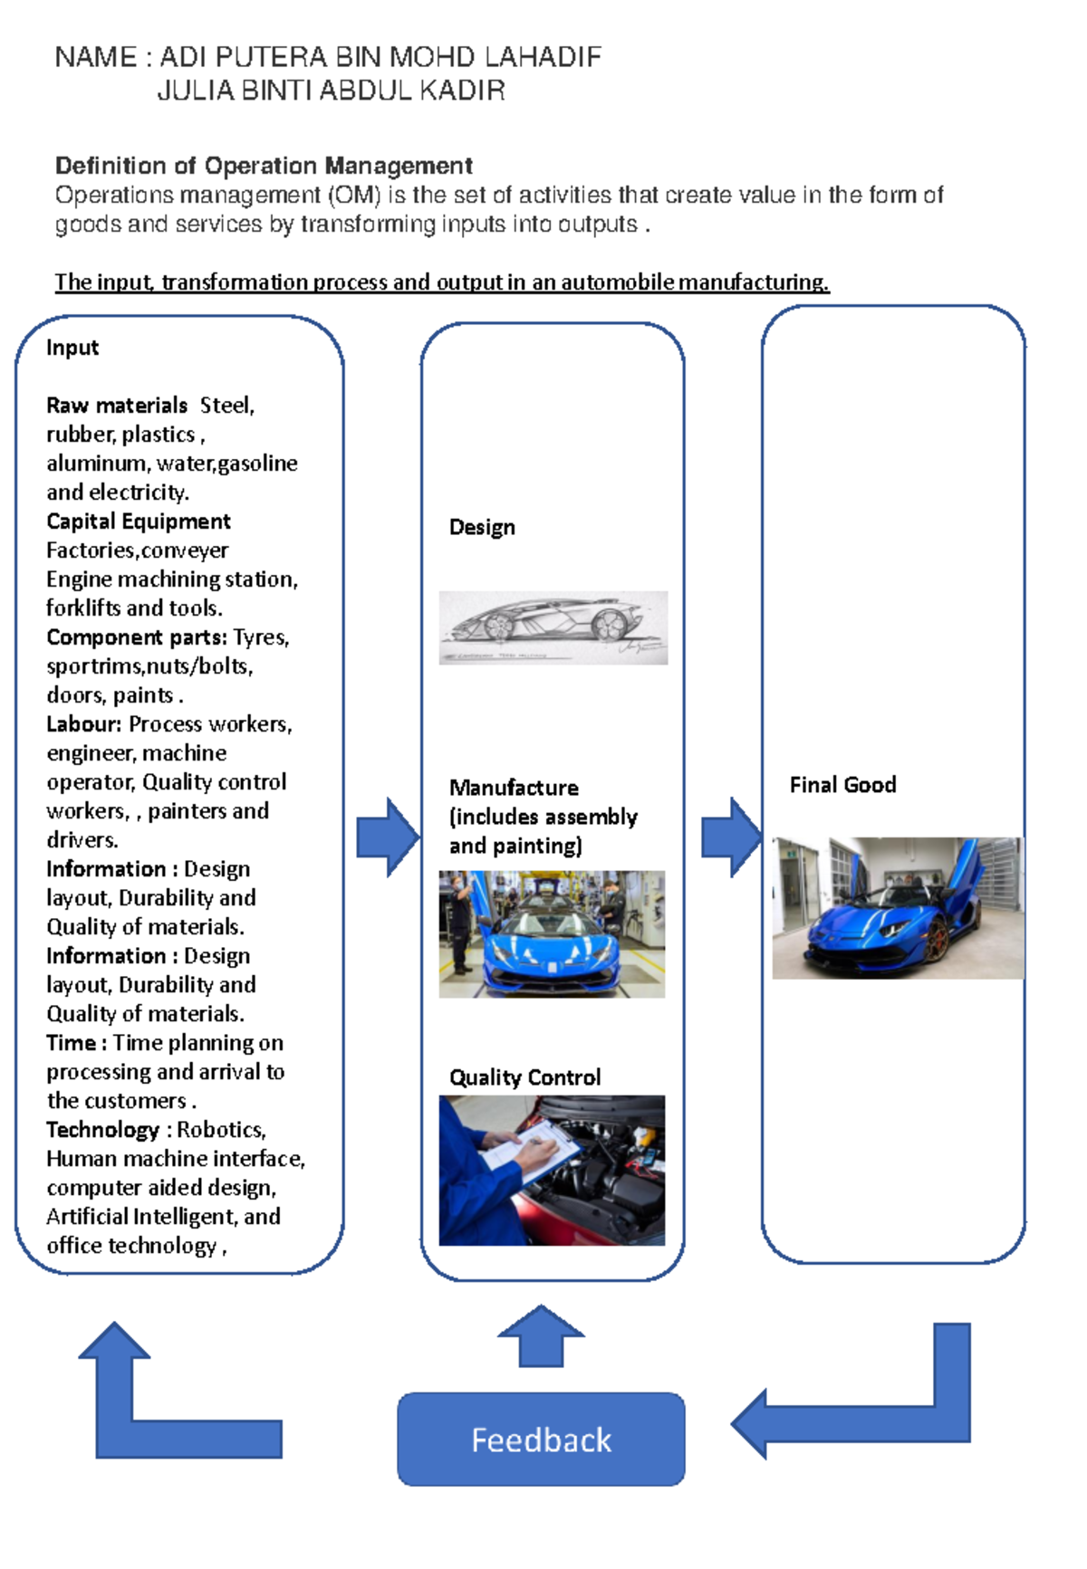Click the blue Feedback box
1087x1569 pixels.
point(541,1439)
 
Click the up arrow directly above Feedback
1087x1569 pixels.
point(541,1335)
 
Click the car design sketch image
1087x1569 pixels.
point(553,627)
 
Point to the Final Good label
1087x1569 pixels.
point(842,785)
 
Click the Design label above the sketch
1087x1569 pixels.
point(482,527)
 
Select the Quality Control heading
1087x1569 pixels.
point(524,1077)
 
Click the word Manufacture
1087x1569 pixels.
point(514,788)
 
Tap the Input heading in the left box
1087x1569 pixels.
point(72,348)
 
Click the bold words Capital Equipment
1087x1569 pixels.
point(139,521)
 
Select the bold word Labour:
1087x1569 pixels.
point(83,724)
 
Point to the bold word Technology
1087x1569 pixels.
point(102,1130)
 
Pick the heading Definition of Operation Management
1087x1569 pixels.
point(264,166)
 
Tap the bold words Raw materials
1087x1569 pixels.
point(117,406)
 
